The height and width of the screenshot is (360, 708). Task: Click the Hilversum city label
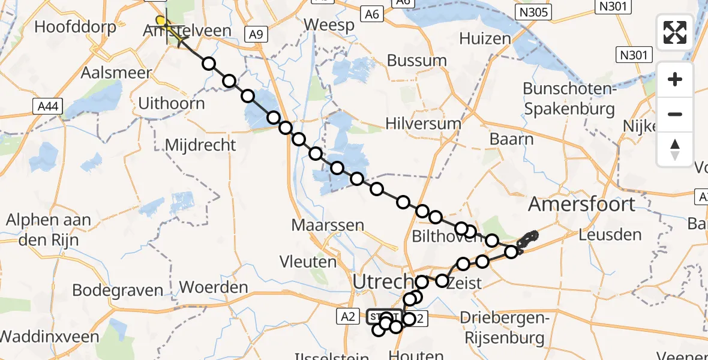click(423, 124)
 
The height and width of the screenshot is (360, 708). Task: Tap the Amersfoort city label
click(581, 204)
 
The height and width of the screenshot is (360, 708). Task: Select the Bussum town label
click(417, 61)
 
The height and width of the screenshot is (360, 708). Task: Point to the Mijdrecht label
click(200, 145)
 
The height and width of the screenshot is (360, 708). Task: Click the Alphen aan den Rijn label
click(48, 229)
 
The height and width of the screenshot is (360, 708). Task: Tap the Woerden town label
click(214, 287)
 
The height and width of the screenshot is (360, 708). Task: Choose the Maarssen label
click(328, 226)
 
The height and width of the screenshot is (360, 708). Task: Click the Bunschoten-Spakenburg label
click(569, 98)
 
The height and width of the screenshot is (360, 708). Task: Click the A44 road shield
click(47, 107)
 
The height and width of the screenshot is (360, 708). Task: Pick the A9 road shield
click(256, 34)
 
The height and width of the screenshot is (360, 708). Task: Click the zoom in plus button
click(675, 80)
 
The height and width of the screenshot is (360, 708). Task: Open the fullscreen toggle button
click(675, 32)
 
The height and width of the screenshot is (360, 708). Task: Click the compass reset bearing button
click(675, 149)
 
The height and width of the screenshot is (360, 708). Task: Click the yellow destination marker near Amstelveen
click(161, 21)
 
